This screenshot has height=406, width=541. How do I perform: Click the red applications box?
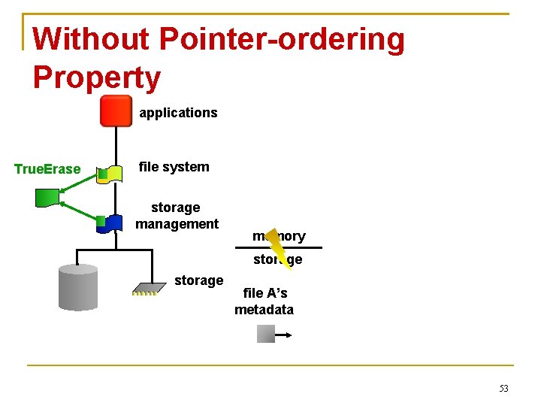116,111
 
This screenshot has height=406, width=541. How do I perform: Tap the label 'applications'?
178,113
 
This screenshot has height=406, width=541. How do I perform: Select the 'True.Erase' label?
47,169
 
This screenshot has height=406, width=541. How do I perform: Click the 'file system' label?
174,167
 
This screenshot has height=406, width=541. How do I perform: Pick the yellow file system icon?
111,174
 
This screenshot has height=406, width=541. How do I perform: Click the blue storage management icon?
111,223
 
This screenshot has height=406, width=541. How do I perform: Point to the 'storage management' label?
177,215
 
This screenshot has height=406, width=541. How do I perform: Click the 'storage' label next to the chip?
198,280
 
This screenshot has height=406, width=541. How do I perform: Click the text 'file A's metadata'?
264,301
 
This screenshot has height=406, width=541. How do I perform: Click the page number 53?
503,388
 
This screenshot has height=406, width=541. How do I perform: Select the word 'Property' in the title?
97,77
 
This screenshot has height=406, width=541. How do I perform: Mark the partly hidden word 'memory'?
279,236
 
